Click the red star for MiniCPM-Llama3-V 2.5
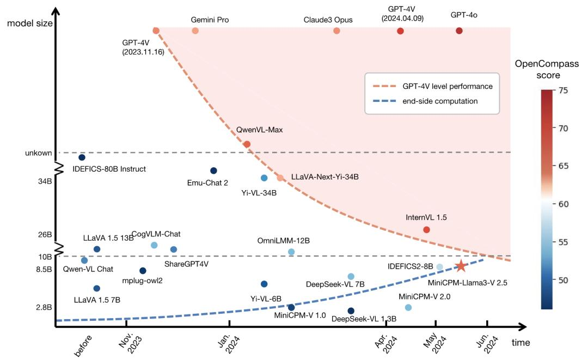click(x=461, y=266)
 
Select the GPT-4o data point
click(x=459, y=31)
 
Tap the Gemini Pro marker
click(x=195, y=31)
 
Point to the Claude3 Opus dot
click(x=336, y=31)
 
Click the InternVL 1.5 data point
click(x=426, y=230)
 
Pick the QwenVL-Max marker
click(x=247, y=144)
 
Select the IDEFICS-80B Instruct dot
click(x=82, y=158)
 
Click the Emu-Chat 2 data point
click(x=213, y=171)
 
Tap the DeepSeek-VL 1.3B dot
click(x=351, y=311)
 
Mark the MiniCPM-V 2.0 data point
click(x=408, y=308)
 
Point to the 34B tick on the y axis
click(x=45, y=182)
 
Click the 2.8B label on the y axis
click(x=44, y=308)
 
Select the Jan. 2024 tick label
click(x=228, y=343)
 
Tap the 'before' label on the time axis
click(x=83, y=345)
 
